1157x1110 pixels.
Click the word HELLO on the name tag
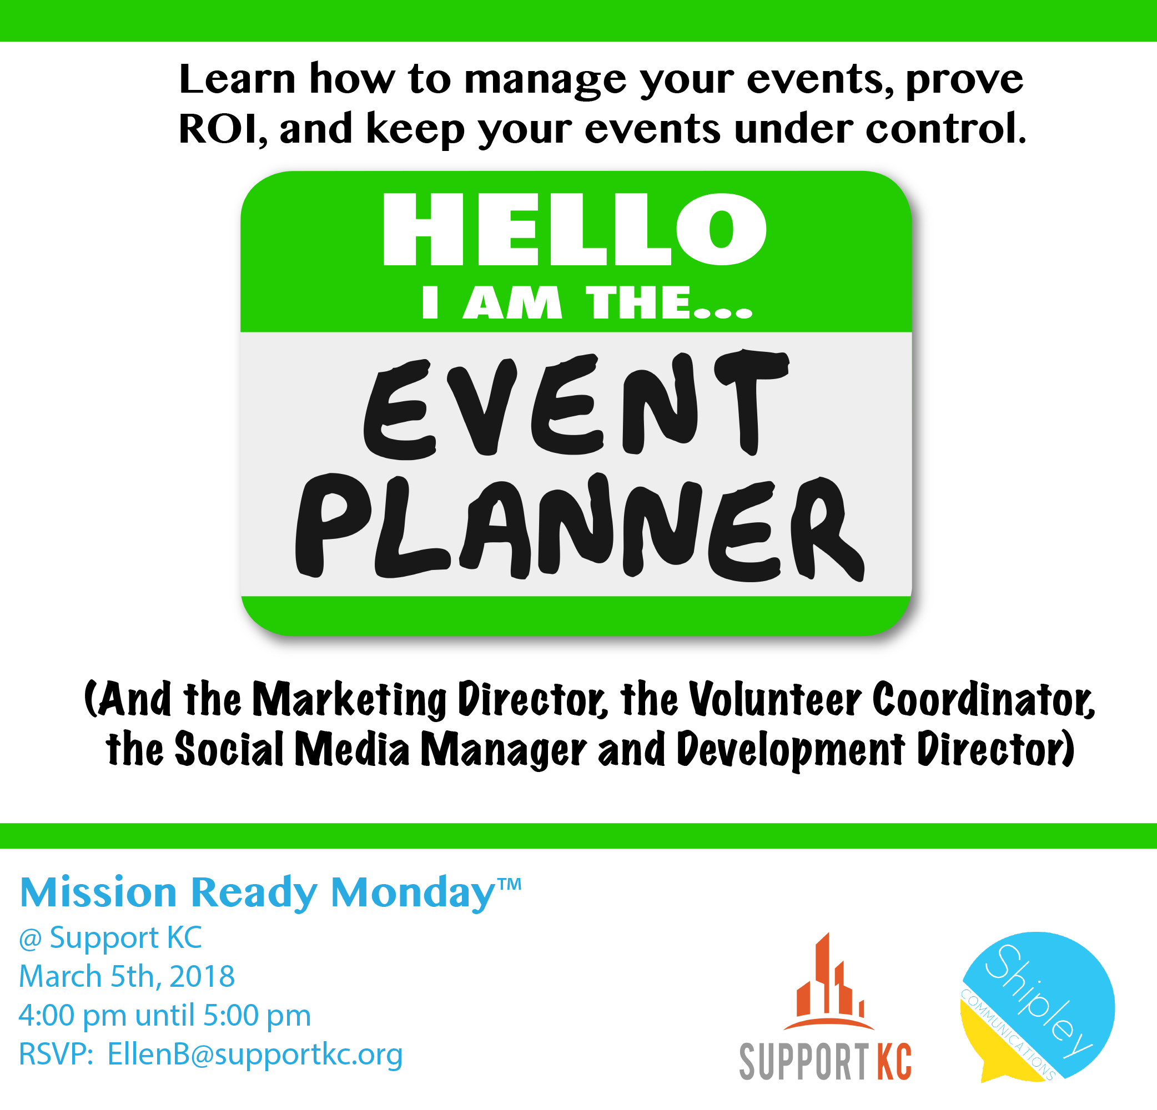[575, 229]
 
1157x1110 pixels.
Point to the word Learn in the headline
[237, 78]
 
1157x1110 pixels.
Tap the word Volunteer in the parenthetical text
[775, 700]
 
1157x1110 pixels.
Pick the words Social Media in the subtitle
[292, 749]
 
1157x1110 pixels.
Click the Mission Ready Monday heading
[258, 893]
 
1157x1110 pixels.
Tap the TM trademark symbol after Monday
[510, 884]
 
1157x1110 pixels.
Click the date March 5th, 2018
[127, 976]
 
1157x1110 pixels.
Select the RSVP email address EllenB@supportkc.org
[255, 1054]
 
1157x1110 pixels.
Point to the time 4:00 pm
[73, 1015]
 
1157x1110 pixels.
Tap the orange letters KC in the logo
[894, 1062]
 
